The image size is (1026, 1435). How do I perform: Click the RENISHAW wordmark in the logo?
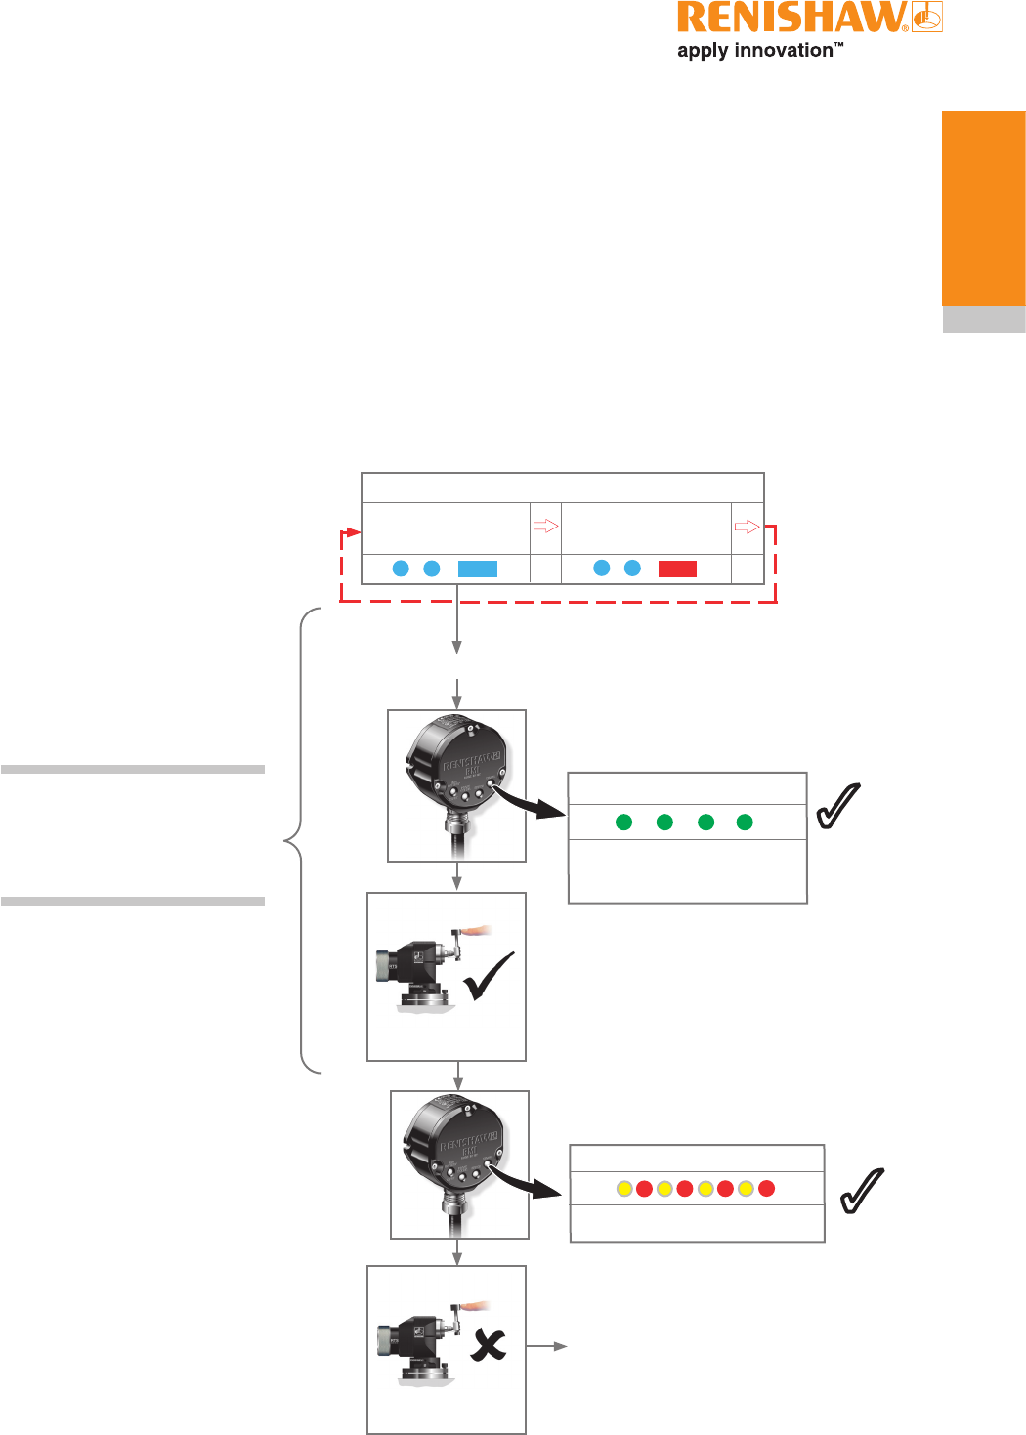(791, 20)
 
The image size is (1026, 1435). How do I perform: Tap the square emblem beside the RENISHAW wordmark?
(927, 18)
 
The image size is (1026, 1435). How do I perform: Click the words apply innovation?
(755, 51)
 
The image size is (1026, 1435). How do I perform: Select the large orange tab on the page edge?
(983, 209)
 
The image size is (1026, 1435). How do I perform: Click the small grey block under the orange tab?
(983, 320)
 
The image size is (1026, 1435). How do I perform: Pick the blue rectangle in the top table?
(478, 569)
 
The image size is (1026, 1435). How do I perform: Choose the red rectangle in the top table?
(677, 569)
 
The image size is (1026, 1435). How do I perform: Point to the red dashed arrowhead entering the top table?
(356, 532)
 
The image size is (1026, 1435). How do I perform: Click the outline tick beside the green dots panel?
(838, 806)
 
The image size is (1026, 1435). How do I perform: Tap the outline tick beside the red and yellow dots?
(862, 1191)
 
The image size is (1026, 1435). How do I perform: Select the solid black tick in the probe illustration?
(490, 977)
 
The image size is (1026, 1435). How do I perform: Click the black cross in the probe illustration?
(489, 1347)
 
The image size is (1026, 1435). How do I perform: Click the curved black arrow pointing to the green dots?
(533, 801)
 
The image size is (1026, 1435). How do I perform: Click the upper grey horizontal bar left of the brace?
(133, 770)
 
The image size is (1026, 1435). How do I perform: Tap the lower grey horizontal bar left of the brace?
(133, 901)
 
